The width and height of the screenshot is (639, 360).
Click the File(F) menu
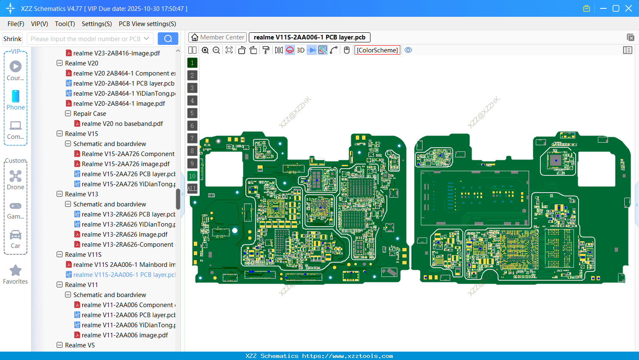[16, 24]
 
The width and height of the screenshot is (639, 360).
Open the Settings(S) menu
[97, 24]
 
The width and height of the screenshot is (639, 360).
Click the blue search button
[168, 39]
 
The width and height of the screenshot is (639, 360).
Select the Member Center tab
[217, 37]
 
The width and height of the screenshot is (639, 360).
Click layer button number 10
[192, 176]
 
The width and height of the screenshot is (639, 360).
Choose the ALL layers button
[192, 189]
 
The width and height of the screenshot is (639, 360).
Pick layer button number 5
[192, 113]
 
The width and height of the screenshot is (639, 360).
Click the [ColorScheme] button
[377, 50]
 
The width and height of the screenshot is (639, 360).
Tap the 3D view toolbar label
[300, 50]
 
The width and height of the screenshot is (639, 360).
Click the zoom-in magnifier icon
[205, 50]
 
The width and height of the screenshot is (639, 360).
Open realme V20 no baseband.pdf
[122, 124]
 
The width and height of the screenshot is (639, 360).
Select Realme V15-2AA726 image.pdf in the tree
[125, 164]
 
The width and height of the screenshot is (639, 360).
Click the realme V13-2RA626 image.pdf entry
[124, 235]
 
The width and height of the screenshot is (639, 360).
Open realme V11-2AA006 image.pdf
[125, 335]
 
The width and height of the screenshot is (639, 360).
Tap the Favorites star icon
[16, 271]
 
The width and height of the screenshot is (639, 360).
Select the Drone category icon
[16, 176]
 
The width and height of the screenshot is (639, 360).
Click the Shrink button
[12, 39]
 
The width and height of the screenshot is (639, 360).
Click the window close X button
[629, 8]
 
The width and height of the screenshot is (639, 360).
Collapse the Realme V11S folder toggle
[60, 255]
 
